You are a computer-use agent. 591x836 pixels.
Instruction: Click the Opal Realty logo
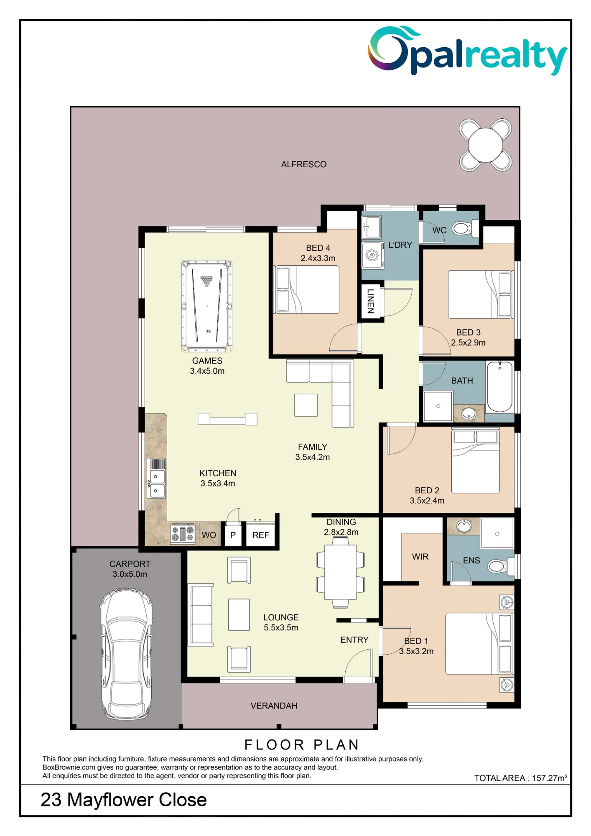pyautogui.click(x=467, y=51)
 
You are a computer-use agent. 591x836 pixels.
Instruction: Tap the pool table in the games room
pyautogui.click(x=207, y=306)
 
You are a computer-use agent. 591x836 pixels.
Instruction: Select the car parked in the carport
pyautogui.click(x=126, y=654)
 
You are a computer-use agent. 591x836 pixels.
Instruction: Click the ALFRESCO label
pyautogui.click(x=304, y=164)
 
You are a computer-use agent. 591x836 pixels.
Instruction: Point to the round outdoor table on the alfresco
pyautogui.click(x=485, y=145)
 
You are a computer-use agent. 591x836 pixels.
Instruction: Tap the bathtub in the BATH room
pyautogui.click(x=500, y=387)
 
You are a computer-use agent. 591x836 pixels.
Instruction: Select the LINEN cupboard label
pyautogui.click(x=370, y=301)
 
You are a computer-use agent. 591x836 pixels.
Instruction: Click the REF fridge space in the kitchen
pyautogui.click(x=261, y=535)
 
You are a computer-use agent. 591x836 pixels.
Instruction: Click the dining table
pyautogui.click(x=341, y=572)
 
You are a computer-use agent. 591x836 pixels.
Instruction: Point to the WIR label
pyautogui.click(x=420, y=557)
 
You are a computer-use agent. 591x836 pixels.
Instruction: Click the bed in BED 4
pyautogui.click(x=306, y=289)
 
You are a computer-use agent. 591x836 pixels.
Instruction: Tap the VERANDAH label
pyautogui.click(x=274, y=706)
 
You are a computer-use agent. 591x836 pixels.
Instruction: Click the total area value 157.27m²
pyautogui.click(x=550, y=778)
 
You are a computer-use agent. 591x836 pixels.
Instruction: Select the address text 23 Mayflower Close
pyautogui.click(x=124, y=800)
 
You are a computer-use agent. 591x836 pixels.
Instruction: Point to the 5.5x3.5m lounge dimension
pyautogui.click(x=281, y=627)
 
